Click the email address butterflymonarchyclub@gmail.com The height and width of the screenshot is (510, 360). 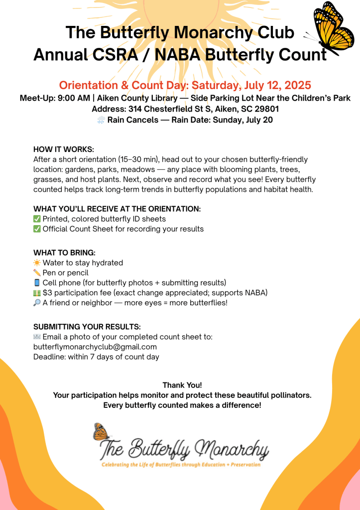(x=95, y=347)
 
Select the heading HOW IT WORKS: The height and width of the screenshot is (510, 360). (x=64, y=149)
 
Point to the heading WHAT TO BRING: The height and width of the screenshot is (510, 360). (x=64, y=253)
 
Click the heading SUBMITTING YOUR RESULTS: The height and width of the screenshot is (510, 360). (x=87, y=327)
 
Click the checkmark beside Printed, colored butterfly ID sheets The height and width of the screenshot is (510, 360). (x=37, y=219)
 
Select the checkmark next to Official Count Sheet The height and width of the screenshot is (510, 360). (x=37, y=229)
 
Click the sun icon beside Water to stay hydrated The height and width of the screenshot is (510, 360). (x=37, y=263)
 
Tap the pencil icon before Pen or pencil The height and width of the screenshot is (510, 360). (x=37, y=273)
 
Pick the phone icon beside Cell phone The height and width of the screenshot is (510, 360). (x=37, y=283)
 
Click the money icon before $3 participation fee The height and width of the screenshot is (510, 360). (x=37, y=293)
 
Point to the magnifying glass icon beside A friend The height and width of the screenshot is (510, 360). (x=37, y=303)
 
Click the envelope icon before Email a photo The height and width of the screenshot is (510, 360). (x=37, y=337)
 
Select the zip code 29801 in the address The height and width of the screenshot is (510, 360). (x=263, y=109)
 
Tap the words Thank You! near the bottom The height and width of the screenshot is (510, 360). (x=182, y=385)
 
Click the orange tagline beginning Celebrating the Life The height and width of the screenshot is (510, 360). (x=180, y=465)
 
